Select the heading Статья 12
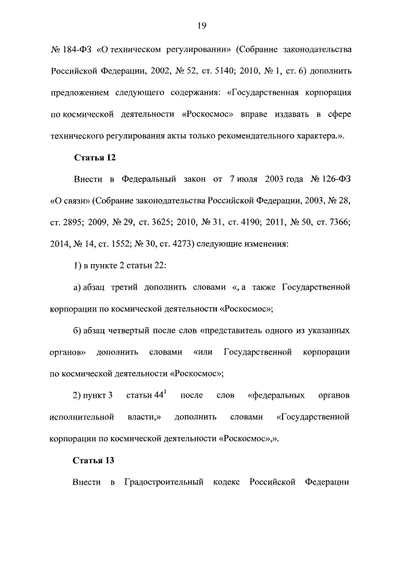(95, 158)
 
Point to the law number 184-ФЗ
(70, 48)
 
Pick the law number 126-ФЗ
(331, 180)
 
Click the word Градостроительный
(164, 483)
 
